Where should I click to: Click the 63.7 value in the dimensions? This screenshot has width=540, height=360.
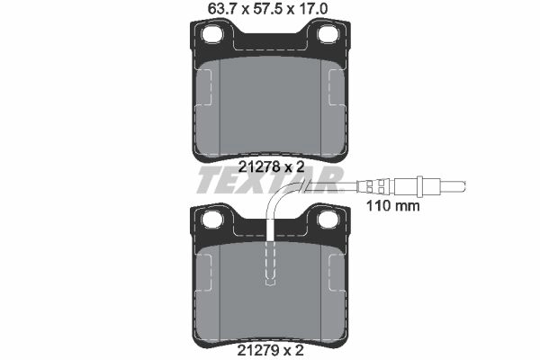click(x=222, y=9)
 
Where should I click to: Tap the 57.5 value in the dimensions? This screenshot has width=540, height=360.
click(x=267, y=9)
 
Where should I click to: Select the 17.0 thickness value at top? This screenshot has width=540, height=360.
click(x=313, y=9)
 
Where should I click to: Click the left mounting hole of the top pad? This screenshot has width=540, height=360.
click(x=212, y=34)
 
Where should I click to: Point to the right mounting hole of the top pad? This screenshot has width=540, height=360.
click(x=328, y=34)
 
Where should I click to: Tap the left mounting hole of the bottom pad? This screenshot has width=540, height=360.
click(x=212, y=220)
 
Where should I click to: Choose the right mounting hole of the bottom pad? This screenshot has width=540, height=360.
click(x=328, y=220)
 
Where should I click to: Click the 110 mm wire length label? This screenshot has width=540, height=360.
click(x=393, y=206)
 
